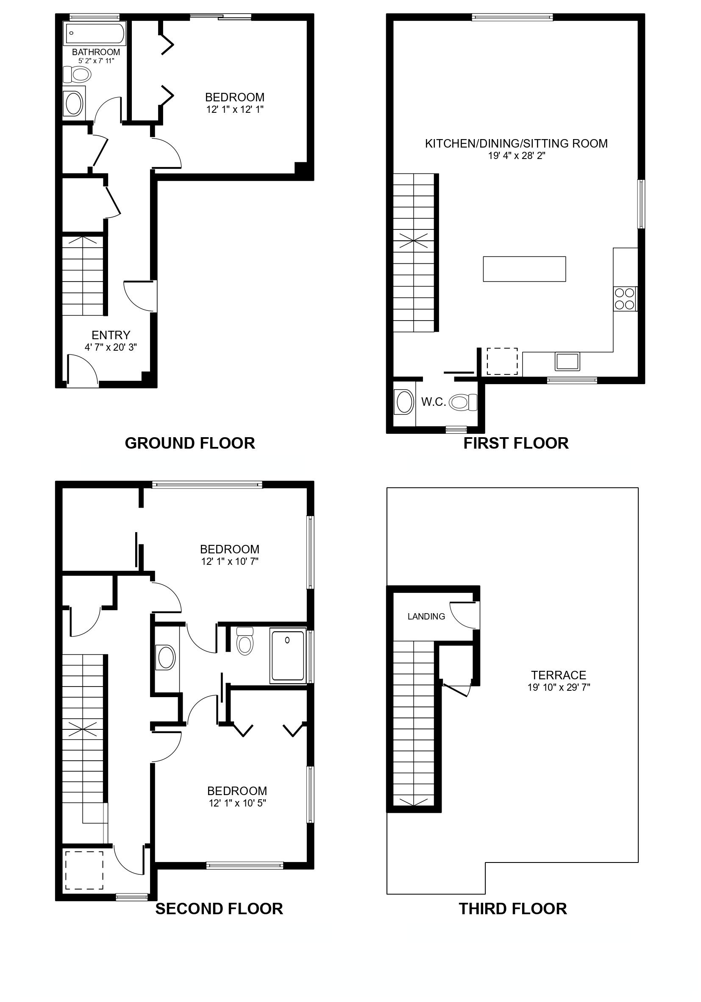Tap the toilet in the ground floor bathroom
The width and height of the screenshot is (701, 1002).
click(x=77, y=75)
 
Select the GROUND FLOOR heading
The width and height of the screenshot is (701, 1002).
click(x=190, y=444)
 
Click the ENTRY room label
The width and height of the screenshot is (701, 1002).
click(x=111, y=335)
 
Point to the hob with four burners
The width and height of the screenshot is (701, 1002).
click(x=625, y=299)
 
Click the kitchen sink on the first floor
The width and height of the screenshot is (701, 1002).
click(x=567, y=362)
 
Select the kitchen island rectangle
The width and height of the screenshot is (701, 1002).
click(x=524, y=269)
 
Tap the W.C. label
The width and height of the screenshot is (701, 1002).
click(x=434, y=402)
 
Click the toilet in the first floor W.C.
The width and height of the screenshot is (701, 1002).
click(x=463, y=402)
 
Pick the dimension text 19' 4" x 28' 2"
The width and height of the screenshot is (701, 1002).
click(x=517, y=156)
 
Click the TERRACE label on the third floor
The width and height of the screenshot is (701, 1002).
click(x=558, y=675)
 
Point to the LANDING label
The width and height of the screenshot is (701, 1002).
click(x=426, y=617)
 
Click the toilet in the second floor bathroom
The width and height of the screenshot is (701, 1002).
click(x=245, y=641)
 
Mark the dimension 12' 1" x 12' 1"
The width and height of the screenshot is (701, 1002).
click(x=235, y=109)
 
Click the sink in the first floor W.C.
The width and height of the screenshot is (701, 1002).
click(x=404, y=402)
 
